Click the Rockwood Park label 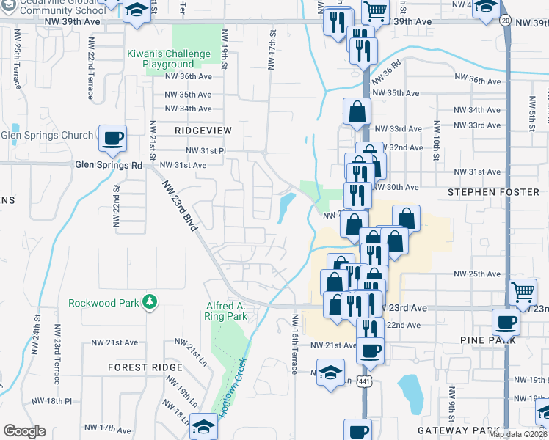tap(104, 302)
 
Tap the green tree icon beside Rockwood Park tap(150, 301)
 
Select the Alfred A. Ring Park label tap(226, 311)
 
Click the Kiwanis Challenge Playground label tap(169, 59)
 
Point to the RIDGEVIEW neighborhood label tap(203, 131)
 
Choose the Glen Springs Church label tap(47, 135)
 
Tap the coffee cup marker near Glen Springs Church tap(112, 138)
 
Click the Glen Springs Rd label tap(109, 165)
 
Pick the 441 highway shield tap(365, 381)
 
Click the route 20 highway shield tap(506, 21)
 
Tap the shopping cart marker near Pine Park tap(523, 293)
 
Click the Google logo tap(24, 431)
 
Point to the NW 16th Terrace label tap(294, 344)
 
